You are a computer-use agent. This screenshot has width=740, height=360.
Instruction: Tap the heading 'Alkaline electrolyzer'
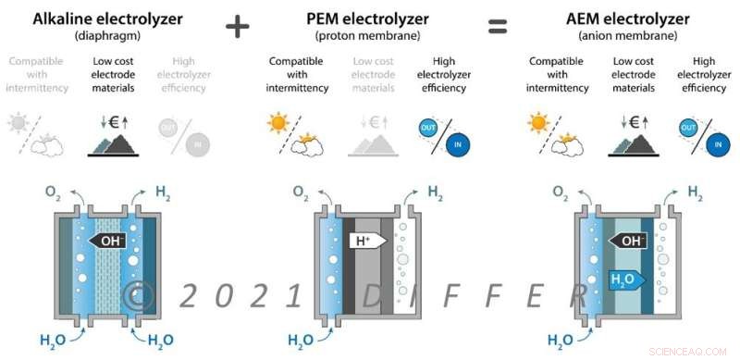pyautogui.click(x=106, y=18)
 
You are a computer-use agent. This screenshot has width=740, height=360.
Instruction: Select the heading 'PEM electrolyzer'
pyautogui.click(x=367, y=18)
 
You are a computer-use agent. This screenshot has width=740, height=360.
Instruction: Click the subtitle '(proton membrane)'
pyautogui.click(x=367, y=35)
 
